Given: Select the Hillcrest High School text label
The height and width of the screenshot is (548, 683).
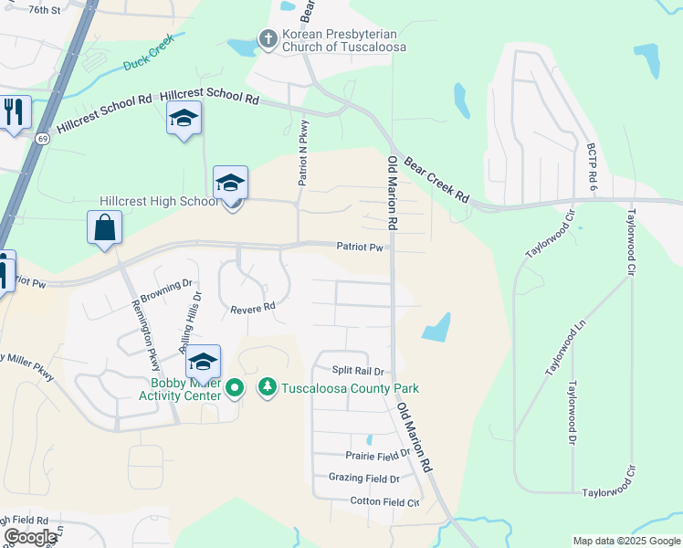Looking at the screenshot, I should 159,201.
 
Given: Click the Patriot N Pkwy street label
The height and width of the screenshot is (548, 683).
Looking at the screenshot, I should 304,153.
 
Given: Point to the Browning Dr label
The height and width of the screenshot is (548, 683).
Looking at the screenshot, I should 167,291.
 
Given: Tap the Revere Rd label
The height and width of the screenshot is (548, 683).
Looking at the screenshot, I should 253,309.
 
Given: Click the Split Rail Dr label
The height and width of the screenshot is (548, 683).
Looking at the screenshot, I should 358,371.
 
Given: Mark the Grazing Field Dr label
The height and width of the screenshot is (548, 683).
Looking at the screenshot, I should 364,478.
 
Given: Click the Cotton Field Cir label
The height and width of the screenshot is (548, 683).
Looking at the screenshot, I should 384,501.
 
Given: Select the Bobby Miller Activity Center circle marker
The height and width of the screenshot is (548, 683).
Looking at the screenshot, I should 235,388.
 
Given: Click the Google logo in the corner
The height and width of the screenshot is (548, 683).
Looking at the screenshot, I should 29,538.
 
